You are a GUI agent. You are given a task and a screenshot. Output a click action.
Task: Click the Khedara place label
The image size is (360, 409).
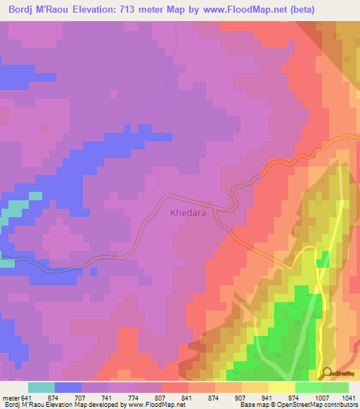188,212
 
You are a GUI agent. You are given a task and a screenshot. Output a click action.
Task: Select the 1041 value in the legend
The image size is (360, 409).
349,398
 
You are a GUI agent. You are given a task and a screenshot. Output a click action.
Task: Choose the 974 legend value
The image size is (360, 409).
295,398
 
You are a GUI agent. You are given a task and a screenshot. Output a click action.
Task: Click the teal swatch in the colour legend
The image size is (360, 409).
41,387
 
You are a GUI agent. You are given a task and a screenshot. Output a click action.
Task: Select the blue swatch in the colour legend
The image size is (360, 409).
68,387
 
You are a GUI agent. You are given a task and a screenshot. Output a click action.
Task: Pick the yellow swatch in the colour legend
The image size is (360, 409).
281,387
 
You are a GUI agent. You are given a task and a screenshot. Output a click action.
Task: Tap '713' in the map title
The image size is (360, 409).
141,9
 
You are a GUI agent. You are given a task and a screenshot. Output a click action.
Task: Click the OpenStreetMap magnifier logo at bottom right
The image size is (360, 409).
326,372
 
